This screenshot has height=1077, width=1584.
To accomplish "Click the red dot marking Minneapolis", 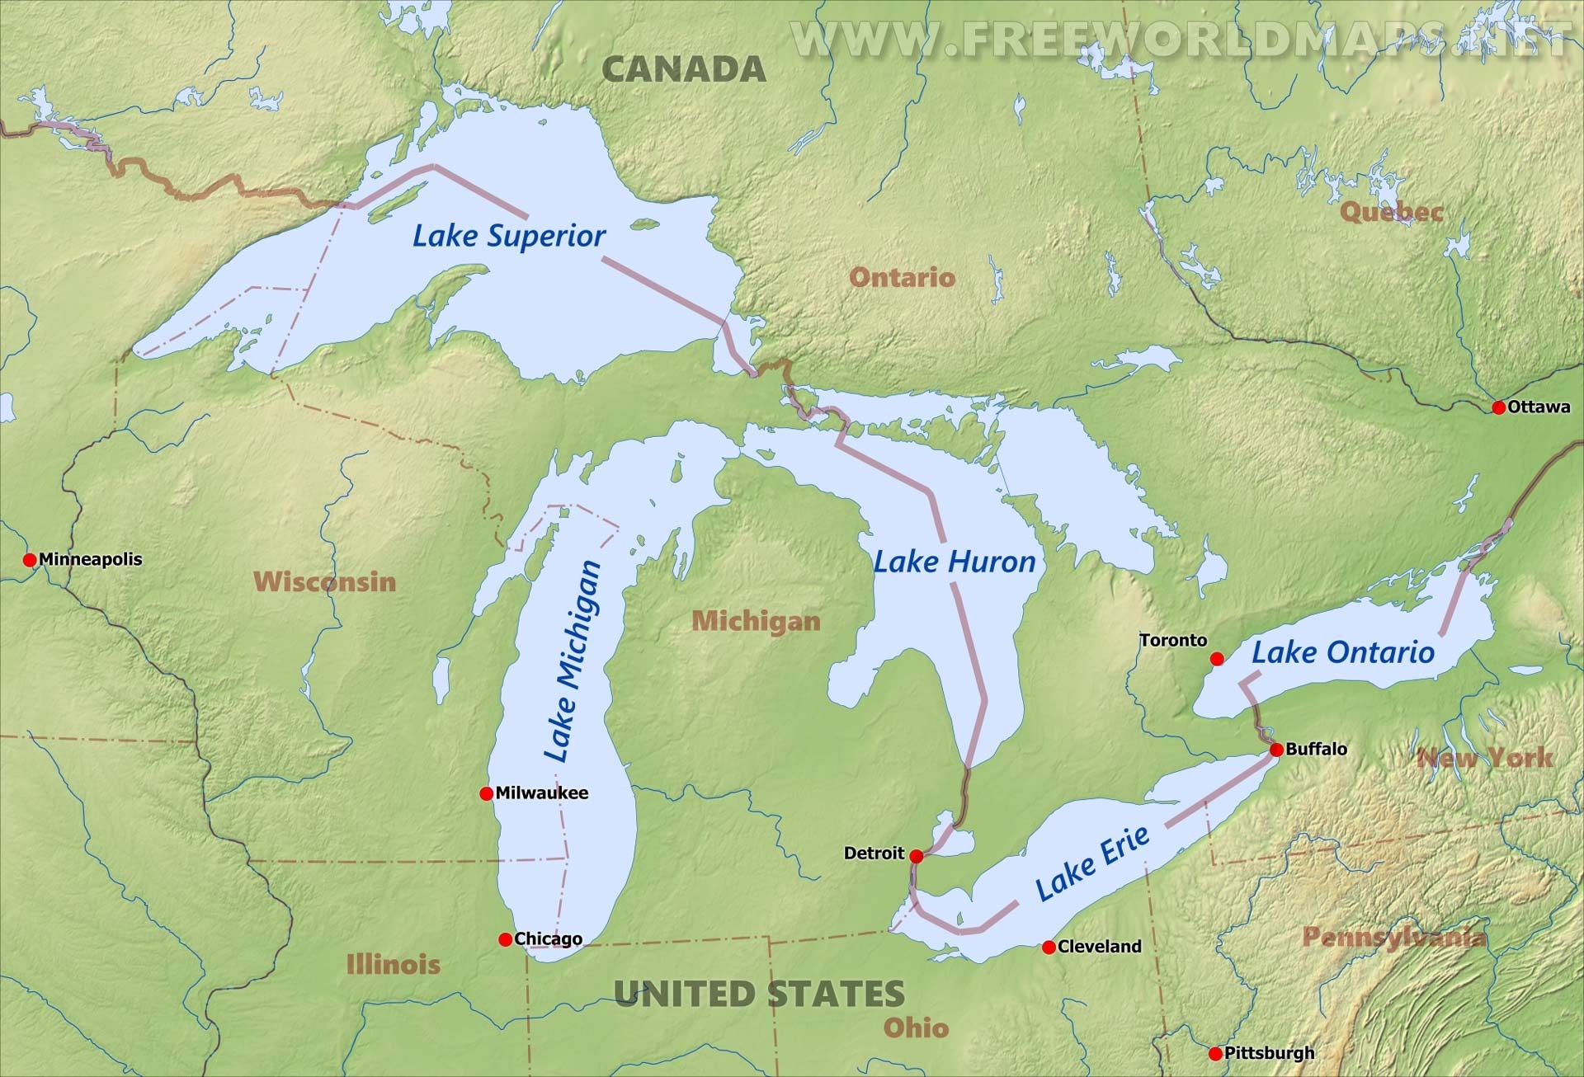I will point(30,560).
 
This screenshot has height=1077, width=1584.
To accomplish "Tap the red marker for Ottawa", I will point(1499,407).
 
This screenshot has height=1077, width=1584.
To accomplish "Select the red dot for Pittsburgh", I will point(1215,1054).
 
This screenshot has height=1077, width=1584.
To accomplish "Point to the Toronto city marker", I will point(1217,659).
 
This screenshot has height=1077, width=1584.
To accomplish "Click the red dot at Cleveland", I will point(1049,948).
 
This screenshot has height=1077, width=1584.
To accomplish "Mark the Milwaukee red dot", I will point(486,793).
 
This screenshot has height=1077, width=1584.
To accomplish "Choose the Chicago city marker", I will point(506,939).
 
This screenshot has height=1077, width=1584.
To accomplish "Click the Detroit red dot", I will point(916,856).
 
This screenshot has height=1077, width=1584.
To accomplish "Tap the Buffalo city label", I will point(1316,749).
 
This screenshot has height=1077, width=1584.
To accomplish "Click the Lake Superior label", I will point(509,236).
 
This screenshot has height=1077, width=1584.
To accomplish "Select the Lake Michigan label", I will point(572,661).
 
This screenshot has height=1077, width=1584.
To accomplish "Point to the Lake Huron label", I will point(954,562).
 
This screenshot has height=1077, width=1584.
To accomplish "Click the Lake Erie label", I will point(1092,863).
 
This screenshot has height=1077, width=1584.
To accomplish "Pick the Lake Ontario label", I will point(1343,652).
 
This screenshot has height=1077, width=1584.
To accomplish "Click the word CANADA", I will point(684,69).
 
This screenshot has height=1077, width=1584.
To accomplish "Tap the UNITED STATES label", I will point(759,994).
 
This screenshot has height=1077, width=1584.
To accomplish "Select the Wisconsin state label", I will point(325,581).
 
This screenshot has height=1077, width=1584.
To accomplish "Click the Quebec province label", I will point(1391,212).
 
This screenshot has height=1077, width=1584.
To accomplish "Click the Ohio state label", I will point(916,1028).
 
